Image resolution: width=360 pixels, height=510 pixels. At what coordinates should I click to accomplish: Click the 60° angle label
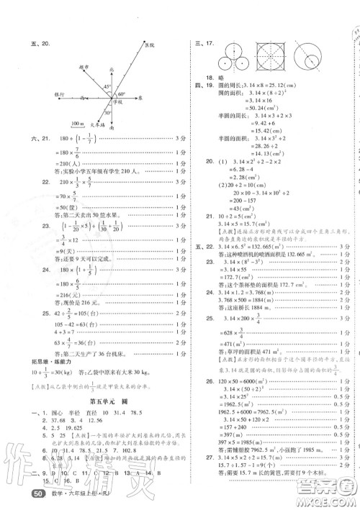point(122,94)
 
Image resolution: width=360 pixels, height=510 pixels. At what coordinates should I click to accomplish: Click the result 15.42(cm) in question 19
point(245,152)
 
